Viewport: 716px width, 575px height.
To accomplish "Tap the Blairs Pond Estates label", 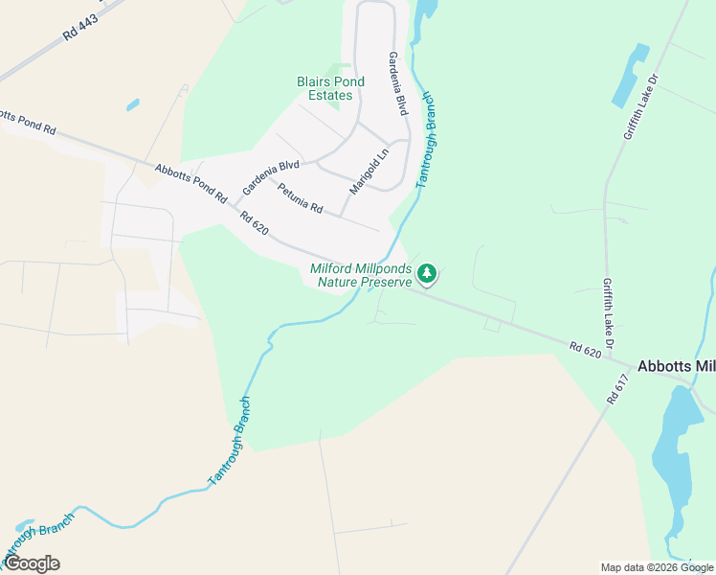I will [x=330, y=88].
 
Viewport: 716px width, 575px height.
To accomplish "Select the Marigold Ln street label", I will [x=369, y=171].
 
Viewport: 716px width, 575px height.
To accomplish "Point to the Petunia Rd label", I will [x=301, y=197].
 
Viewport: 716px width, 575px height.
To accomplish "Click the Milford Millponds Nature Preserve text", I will [x=361, y=275].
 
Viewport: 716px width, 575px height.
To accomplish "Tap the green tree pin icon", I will [x=428, y=274].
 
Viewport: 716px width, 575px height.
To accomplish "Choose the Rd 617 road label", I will [x=618, y=388].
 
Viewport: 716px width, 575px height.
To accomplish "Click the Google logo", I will [x=32, y=563].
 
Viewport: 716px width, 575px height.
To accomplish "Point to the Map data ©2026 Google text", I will [x=657, y=567].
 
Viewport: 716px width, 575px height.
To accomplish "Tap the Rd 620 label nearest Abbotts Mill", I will [x=585, y=352].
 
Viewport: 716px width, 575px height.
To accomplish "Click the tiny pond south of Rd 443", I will [x=132, y=104].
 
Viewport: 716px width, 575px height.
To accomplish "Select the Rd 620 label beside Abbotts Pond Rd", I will [x=255, y=224].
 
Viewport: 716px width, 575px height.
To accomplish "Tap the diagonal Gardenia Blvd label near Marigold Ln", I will [x=271, y=175].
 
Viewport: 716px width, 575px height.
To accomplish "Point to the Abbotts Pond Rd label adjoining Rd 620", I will [x=190, y=182].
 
